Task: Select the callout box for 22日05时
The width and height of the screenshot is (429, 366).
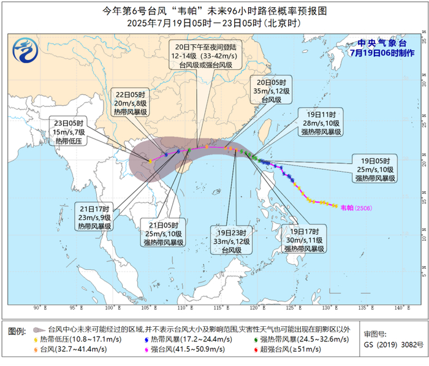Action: pos(131,103)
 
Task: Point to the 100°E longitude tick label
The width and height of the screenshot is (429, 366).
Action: pos(111,308)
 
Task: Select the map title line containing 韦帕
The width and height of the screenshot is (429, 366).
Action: pos(214,11)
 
